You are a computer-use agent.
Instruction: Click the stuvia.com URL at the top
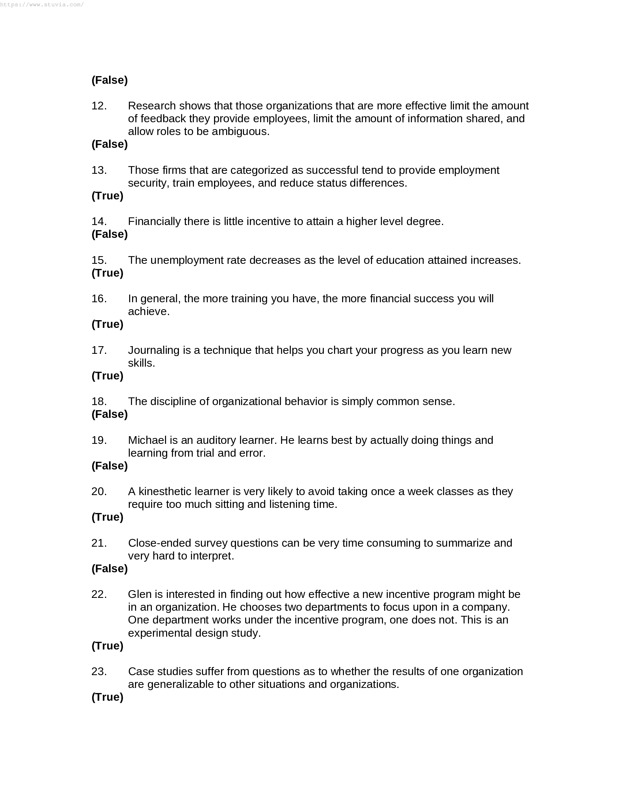(x=42, y=5)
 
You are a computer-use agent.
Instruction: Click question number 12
(x=99, y=106)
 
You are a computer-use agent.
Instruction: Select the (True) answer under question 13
(x=107, y=196)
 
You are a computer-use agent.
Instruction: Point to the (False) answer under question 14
(x=109, y=235)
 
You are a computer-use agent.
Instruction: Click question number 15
(x=99, y=260)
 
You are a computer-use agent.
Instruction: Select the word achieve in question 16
(x=149, y=312)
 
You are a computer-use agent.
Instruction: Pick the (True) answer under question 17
(x=107, y=376)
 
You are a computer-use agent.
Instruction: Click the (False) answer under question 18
(x=109, y=414)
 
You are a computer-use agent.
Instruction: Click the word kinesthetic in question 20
(x=165, y=492)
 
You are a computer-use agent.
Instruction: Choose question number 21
(x=99, y=543)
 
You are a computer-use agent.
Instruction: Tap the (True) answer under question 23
(x=107, y=697)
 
